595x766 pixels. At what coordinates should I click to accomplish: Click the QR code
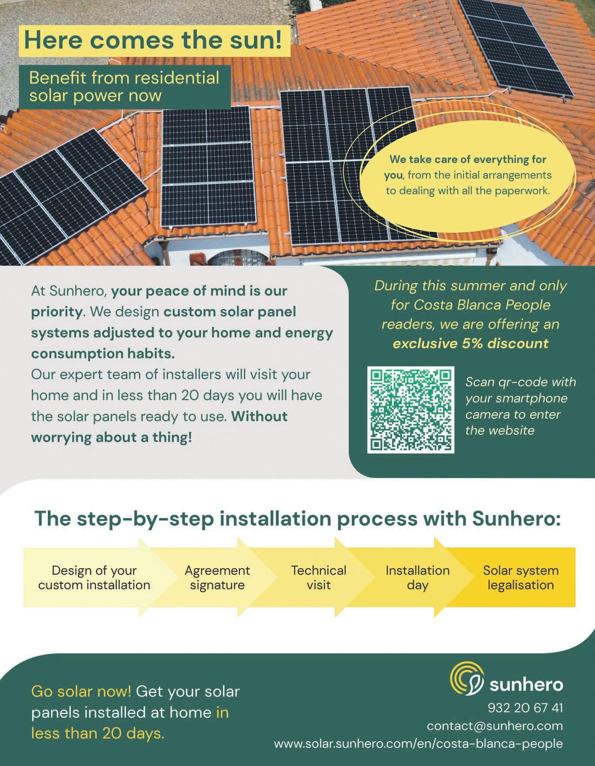[411, 410]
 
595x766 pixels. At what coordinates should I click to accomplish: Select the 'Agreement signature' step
[217, 577]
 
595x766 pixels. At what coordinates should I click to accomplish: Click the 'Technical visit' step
[319, 577]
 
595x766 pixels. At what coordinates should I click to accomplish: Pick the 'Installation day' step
[418, 577]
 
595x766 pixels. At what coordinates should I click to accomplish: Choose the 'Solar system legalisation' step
[521, 577]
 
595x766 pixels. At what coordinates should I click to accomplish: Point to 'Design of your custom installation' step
[94, 577]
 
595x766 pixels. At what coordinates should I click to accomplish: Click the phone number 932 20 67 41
[525, 708]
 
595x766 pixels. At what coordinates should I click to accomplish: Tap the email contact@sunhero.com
[495, 726]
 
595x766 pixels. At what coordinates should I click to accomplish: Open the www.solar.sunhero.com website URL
[418, 744]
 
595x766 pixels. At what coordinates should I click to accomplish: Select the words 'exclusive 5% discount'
[470, 343]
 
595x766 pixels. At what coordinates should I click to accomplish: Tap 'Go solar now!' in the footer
[81, 691]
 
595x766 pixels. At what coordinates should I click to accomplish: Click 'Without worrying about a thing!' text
[159, 427]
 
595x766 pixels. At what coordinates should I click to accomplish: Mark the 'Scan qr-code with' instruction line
[521, 382]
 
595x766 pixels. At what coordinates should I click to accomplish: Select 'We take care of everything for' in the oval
[468, 159]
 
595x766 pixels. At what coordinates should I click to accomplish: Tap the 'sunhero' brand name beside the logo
[526, 685]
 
